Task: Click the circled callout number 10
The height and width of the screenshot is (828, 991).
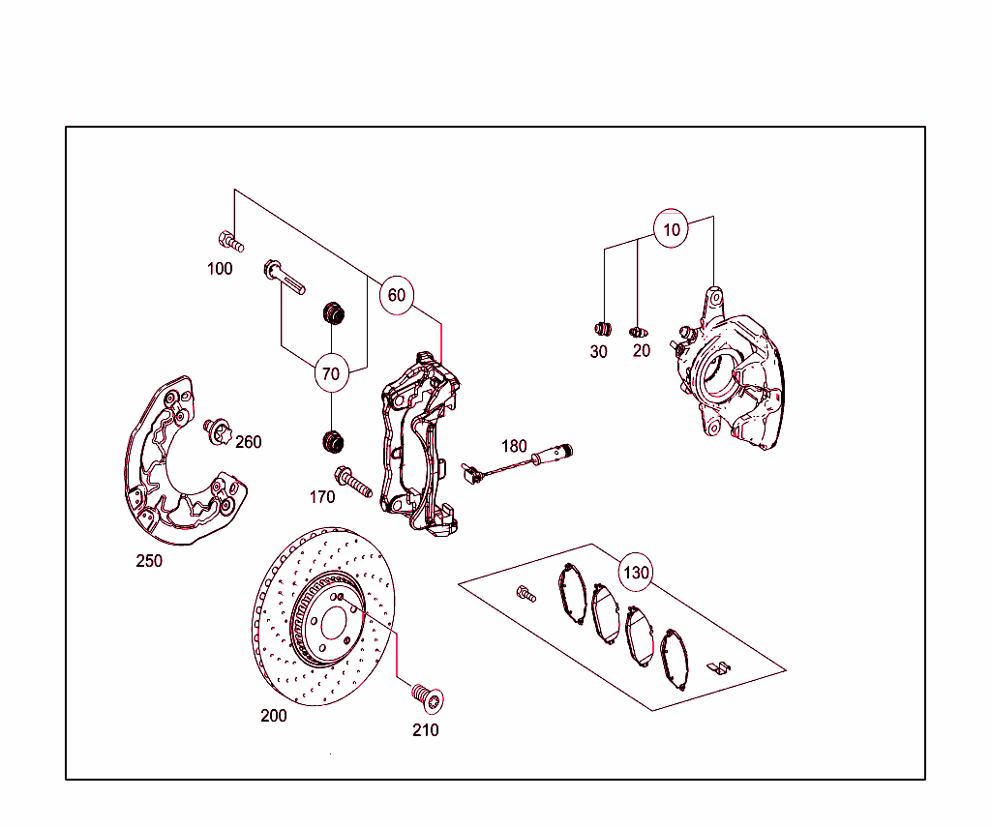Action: tap(672, 230)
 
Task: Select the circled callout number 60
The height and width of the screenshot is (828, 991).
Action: tap(397, 295)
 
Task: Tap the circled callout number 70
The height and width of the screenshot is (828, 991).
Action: tap(331, 372)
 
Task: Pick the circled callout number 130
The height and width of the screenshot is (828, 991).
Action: tap(636, 573)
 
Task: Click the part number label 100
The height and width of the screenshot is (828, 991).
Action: tap(220, 269)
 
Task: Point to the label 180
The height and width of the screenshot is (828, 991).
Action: tap(514, 446)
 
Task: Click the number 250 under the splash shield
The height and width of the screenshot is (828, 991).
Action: tap(149, 561)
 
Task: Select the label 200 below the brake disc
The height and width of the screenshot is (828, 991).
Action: tap(274, 717)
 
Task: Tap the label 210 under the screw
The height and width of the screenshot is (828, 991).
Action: tap(426, 730)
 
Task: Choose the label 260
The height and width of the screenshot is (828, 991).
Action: tap(249, 442)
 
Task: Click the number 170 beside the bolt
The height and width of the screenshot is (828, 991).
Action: tap(322, 497)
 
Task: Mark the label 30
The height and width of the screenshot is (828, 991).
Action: tap(599, 352)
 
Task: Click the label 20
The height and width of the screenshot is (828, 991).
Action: tap(642, 351)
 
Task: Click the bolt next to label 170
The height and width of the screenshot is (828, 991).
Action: tap(352, 481)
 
